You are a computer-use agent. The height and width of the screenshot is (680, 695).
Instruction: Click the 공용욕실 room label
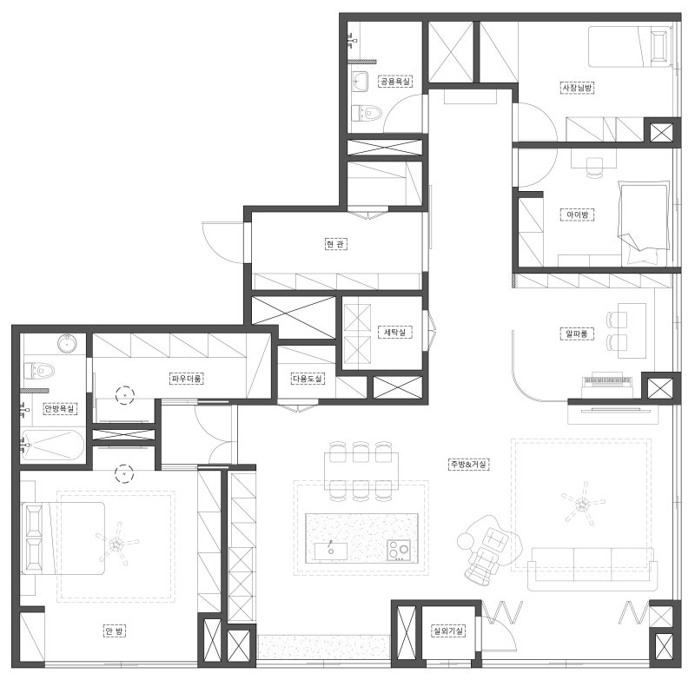(395, 82)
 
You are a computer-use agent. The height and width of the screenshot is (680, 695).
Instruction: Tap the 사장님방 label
(577, 88)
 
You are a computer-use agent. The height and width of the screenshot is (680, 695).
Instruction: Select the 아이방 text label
(577, 215)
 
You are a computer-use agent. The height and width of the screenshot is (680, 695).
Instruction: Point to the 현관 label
(335, 244)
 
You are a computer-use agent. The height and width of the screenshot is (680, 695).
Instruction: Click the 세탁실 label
(395, 333)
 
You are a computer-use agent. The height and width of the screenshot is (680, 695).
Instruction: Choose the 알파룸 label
(577, 333)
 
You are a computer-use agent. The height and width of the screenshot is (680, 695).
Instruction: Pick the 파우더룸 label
(187, 379)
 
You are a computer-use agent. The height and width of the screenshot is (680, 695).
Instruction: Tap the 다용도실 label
(308, 379)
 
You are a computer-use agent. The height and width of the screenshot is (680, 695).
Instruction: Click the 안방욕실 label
(60, 408)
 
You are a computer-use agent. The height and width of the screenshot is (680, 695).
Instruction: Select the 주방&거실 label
(468, 465)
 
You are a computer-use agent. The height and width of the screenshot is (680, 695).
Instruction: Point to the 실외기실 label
(448, 630)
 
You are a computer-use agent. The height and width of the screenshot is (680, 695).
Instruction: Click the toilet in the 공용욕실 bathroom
(367, 113)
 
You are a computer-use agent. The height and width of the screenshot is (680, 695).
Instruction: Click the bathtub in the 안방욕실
(52, 446)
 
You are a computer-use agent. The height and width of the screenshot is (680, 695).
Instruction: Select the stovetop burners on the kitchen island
(399, 551)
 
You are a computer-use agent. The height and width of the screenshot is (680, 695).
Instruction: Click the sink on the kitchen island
(331, 551)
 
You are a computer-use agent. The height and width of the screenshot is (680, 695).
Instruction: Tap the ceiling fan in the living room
(581, 503)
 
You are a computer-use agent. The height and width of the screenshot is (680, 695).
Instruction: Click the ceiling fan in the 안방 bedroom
(116, 543)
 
